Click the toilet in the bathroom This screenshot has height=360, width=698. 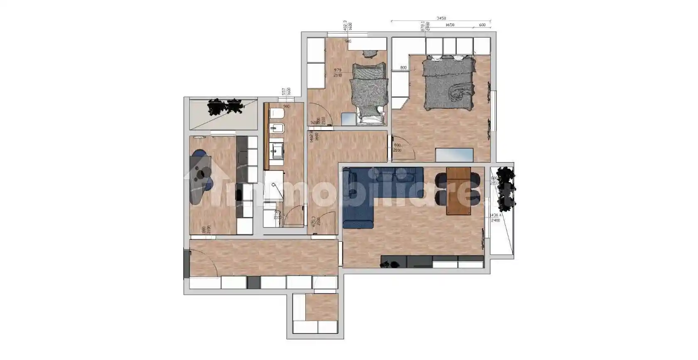tap(276, 113)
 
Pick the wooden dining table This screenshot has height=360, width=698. tap(458, 190)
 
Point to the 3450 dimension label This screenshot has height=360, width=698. tap(441, 18)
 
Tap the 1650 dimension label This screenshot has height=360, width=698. tap(450, 25)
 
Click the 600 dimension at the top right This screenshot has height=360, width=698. tap(482, 25)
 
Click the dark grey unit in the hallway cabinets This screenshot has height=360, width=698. tap(253, 283)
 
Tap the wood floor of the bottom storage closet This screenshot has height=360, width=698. tap(320, 308)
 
